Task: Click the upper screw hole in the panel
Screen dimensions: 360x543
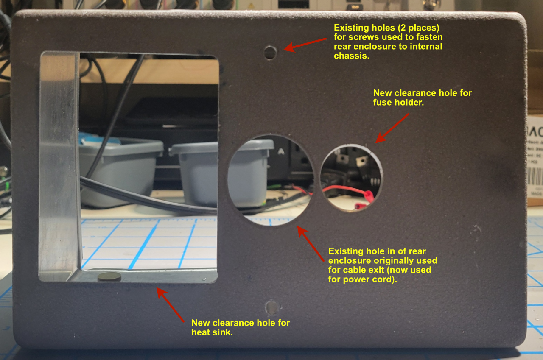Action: (270, 53)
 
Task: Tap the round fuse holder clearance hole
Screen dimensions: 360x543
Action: (351, 177)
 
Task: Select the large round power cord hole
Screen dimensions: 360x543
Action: (270, 180)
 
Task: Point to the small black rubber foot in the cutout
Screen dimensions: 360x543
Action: (109, 277)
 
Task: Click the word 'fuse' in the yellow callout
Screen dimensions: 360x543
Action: (382, 102)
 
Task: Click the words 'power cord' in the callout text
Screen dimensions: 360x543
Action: (361, 280)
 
